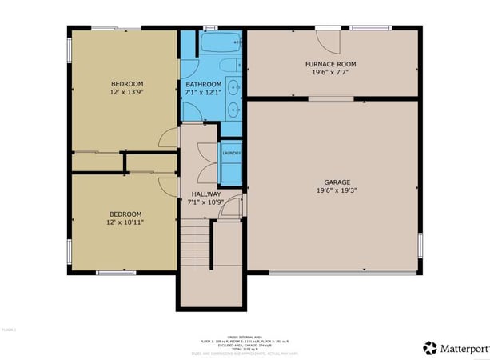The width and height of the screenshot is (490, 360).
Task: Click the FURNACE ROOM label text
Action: click(330, 64)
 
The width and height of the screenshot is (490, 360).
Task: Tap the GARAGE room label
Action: click(330, 182)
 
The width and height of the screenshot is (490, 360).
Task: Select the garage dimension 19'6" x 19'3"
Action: click(330, 191)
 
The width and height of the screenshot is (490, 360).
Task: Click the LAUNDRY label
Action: click(231, 153)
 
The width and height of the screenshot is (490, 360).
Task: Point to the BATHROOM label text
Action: click(203, 84)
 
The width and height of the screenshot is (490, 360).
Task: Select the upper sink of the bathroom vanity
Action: click(234, 86)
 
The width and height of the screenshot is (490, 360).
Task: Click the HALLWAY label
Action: click(205, 194)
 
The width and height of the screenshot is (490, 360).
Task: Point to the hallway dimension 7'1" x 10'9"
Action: click(205, 202)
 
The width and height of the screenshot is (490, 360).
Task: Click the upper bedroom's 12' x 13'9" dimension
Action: click(126, 93)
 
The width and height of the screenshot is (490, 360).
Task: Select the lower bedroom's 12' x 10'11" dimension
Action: click(125, 222)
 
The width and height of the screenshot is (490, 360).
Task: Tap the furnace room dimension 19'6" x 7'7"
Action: click(330, 73)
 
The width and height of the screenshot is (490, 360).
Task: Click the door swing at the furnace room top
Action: click(329, 41)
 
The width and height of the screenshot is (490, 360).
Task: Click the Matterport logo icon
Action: click(430, 347)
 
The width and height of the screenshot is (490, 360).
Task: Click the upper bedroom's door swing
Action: click(168, 138)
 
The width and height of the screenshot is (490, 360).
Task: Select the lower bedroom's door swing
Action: click(168, 186)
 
